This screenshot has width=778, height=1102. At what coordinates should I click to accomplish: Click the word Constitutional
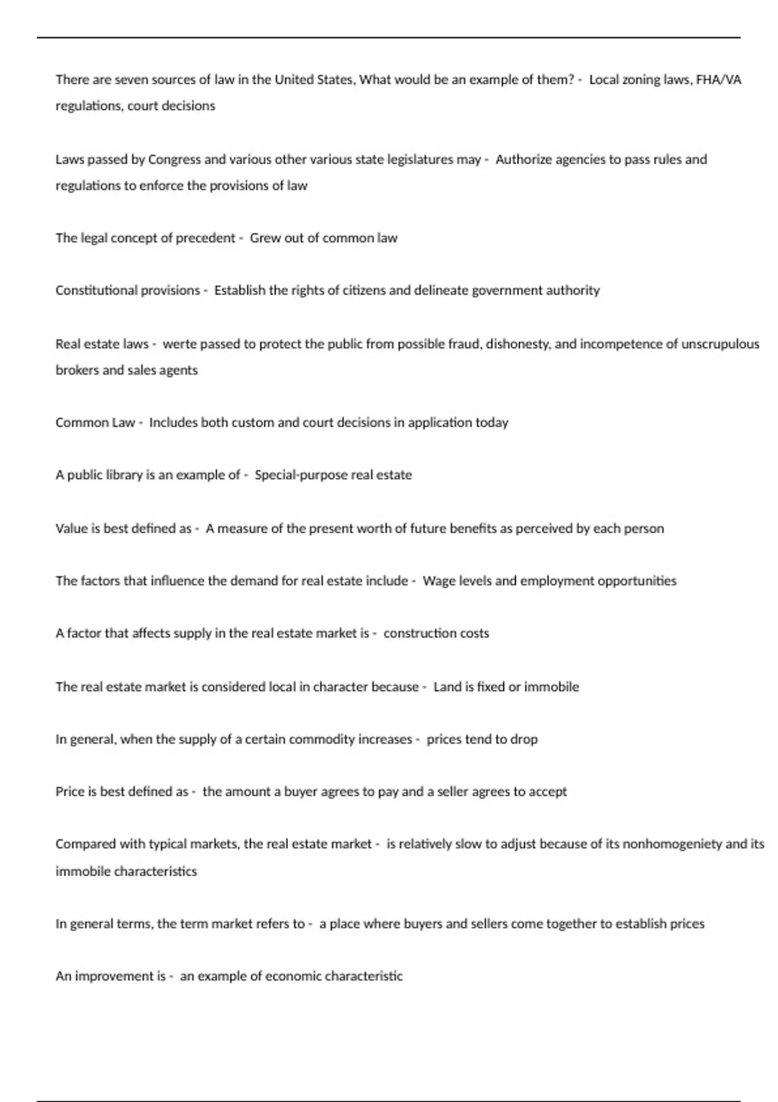95,290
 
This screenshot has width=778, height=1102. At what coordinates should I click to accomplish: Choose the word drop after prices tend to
524,740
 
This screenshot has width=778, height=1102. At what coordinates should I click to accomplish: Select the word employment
558,581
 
